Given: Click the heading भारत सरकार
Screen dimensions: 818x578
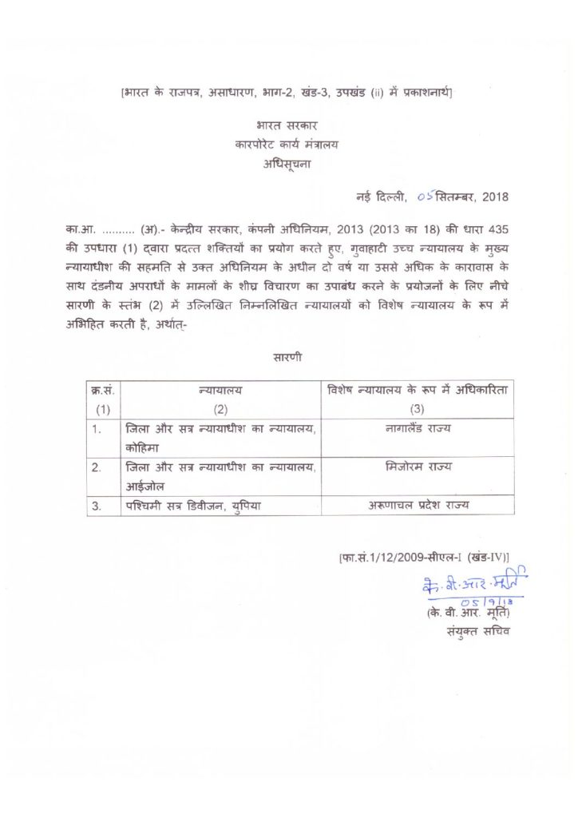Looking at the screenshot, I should coord(287,126).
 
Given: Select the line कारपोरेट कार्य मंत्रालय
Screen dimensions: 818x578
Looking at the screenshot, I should coord(287,145).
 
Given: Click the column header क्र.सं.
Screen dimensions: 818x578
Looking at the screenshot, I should coord(103,391).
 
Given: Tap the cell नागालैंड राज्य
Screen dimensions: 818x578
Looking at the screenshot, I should coord(417,429).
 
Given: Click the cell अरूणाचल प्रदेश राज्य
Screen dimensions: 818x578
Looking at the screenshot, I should coord(417,505).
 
